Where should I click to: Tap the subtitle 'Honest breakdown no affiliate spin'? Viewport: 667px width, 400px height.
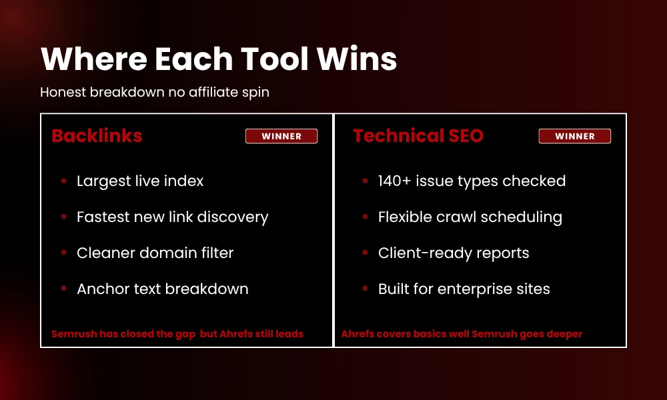[x=155, y=92]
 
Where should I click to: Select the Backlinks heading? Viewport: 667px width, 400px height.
[x=97, y=136]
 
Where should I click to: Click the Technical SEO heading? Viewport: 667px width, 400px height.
[x=418, y=136]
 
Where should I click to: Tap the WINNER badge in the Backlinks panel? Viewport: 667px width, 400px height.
[x=281, y=136]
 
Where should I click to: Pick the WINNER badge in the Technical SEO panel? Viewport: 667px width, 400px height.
[x=575, y=136]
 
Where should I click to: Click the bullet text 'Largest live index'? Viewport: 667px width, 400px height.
[x=140, y=181]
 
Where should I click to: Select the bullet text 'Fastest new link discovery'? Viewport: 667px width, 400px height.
[x=172, y=217]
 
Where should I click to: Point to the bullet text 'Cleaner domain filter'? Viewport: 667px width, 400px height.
[x=155, y=253]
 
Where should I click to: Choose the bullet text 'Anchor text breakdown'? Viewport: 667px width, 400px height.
[x=162, y=289]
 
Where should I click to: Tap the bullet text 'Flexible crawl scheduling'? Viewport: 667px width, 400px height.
[x=470, y=217]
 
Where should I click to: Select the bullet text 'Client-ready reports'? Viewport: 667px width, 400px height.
[x=454, y=253]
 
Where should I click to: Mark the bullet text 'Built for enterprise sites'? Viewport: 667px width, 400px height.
[x=464, y=289]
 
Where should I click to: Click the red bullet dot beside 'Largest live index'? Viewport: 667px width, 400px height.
[x=63, y=181]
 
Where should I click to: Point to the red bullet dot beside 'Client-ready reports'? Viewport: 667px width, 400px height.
[x=365, y=253]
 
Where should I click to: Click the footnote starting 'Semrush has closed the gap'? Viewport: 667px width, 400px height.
[x=177, y=333]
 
